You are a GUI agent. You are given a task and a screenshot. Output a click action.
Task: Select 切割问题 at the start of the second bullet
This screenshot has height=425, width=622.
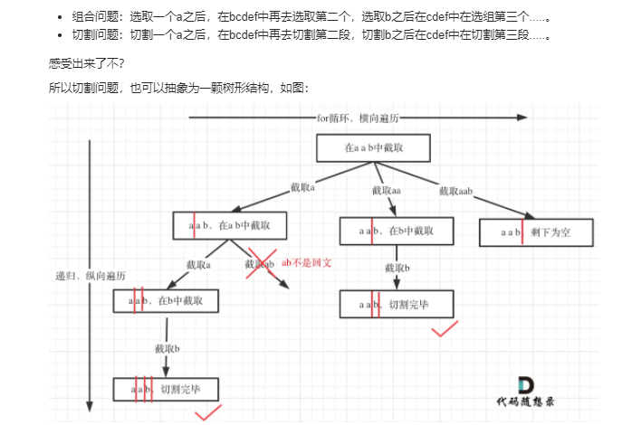click(x=93, y=36)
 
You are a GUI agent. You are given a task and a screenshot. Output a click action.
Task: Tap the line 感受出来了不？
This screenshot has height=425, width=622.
click(x=89, y=65)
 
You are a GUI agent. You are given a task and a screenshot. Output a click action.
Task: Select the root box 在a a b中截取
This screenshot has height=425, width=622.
click(x=372, y=147)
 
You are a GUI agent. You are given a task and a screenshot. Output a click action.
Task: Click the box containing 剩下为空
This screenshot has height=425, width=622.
click(x=536, y=232)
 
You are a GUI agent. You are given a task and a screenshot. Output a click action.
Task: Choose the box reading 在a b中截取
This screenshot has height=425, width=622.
click(x=228, y=225)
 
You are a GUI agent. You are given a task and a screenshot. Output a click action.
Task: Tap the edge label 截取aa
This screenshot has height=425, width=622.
click(x=386, y=190)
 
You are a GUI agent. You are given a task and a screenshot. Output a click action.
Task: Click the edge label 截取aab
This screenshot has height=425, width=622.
click(x=457, y=190)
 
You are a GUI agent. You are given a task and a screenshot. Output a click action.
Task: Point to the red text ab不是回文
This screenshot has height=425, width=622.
click(x=308, y=262)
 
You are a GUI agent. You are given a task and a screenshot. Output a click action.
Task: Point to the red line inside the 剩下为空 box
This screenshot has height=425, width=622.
click(x=522, y=232)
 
